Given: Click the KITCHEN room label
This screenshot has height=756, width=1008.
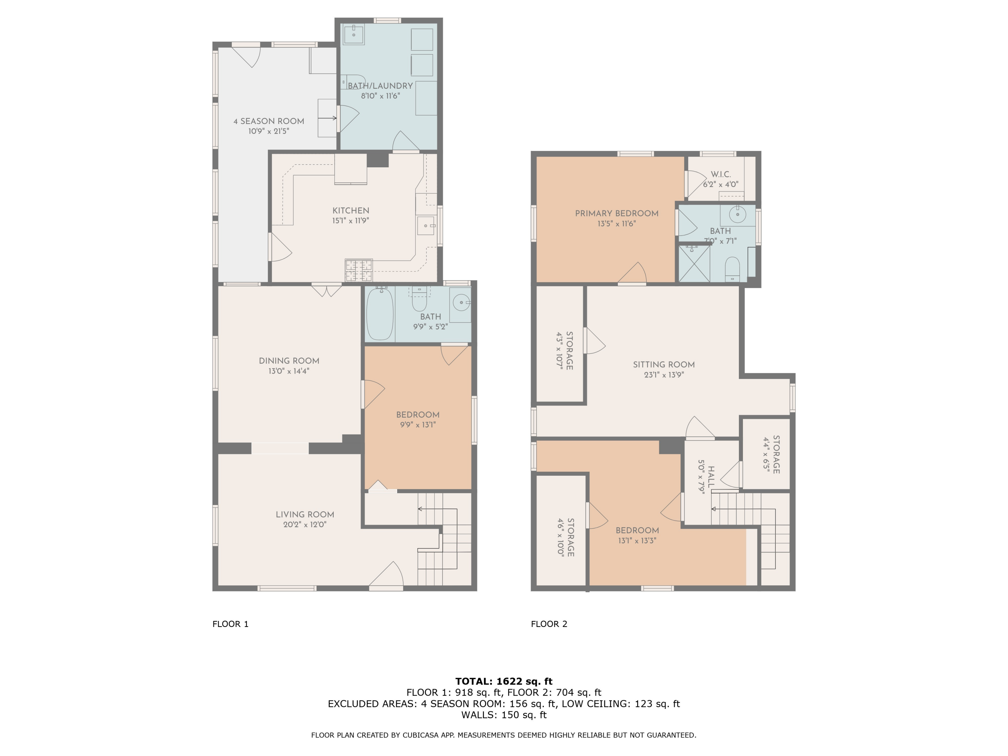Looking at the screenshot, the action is (350, 211).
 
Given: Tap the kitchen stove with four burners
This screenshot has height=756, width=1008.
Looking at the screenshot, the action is (359, 270).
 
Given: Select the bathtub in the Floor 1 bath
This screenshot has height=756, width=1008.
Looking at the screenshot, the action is (380, 313).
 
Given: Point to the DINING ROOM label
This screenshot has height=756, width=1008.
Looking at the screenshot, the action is (289, 361).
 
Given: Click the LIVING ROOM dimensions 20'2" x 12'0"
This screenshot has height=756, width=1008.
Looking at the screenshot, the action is (305, 524).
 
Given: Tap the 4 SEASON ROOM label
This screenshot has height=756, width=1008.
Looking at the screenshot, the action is (269, 121).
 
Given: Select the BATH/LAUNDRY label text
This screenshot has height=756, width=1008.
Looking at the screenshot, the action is (380, 86).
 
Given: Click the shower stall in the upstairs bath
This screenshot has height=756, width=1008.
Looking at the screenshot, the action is (695, 263).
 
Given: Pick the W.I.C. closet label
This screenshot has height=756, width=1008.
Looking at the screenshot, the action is (720, 174).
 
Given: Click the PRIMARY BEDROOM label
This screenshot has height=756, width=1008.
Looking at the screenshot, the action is (617, 213).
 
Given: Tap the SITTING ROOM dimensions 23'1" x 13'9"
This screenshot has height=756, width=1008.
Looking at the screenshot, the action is (664, 375).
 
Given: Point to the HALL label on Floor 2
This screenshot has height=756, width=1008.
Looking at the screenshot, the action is (711, 477).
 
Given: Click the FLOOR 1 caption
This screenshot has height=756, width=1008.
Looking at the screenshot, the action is (230, 624).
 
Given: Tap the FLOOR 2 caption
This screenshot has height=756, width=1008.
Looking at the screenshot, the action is (549, 624).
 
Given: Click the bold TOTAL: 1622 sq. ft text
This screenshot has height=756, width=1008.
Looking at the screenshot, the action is (504, 681).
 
